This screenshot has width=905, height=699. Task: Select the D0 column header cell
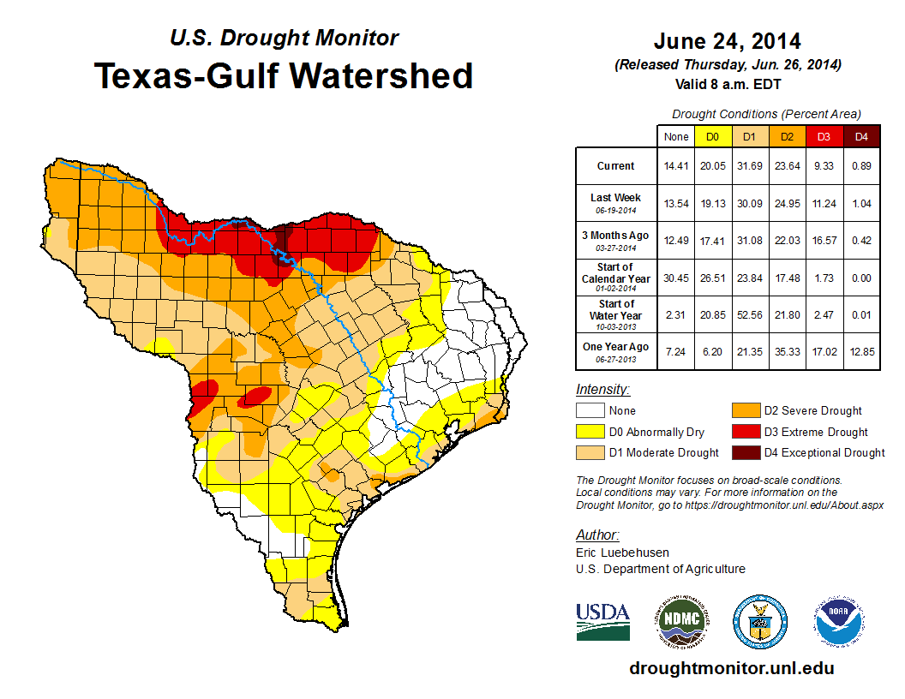point(712,136)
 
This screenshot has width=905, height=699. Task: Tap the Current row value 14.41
point(676,166)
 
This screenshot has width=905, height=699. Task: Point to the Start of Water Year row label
point(616,314)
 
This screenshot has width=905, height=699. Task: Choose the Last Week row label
point(616,202)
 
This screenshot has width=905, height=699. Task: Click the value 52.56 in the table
point(750,316)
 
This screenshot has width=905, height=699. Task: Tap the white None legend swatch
point(590,411)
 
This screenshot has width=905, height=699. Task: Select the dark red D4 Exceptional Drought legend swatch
point(745,452)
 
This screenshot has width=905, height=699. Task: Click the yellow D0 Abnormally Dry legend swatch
point(590,432)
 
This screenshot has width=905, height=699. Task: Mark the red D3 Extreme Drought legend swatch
point(745,432)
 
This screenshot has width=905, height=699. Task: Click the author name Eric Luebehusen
point(623,553)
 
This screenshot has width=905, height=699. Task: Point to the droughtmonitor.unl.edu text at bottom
point(731,668)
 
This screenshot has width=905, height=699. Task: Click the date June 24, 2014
point(727,41)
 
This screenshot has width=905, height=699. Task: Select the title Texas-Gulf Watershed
point(283,75)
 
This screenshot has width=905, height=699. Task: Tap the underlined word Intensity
point(602,390)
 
